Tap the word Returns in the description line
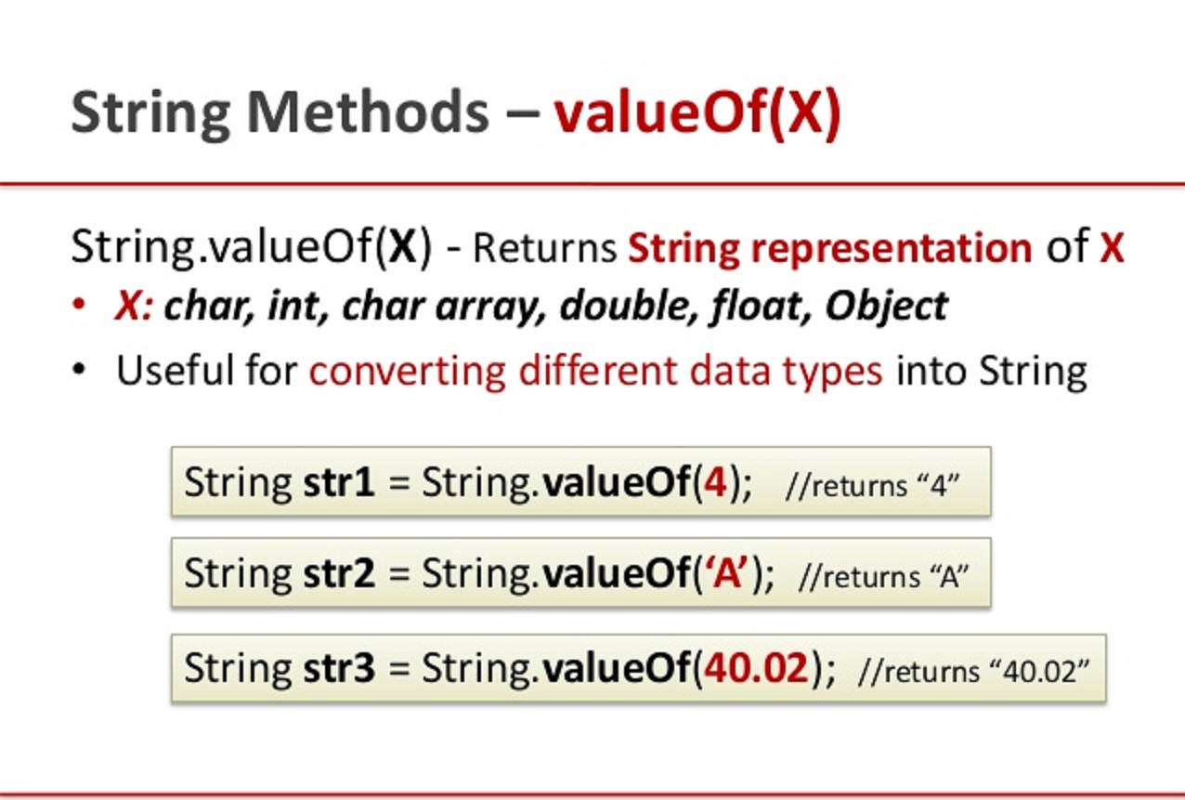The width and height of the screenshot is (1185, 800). pos(545,249)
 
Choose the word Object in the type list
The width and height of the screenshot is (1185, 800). pos(886,306)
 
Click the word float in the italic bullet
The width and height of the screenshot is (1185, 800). pos(764,306)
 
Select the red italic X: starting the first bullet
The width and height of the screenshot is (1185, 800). pos(134,306)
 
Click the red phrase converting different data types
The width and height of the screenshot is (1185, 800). pos(595,371)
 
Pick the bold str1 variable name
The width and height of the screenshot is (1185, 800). pos(339,483)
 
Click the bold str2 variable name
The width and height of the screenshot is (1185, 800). pos(339,573)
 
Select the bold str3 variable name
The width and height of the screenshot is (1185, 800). pos(339,668)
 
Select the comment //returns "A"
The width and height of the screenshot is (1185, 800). pos(883,577)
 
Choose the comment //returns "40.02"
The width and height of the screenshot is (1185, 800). pos(973,672)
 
